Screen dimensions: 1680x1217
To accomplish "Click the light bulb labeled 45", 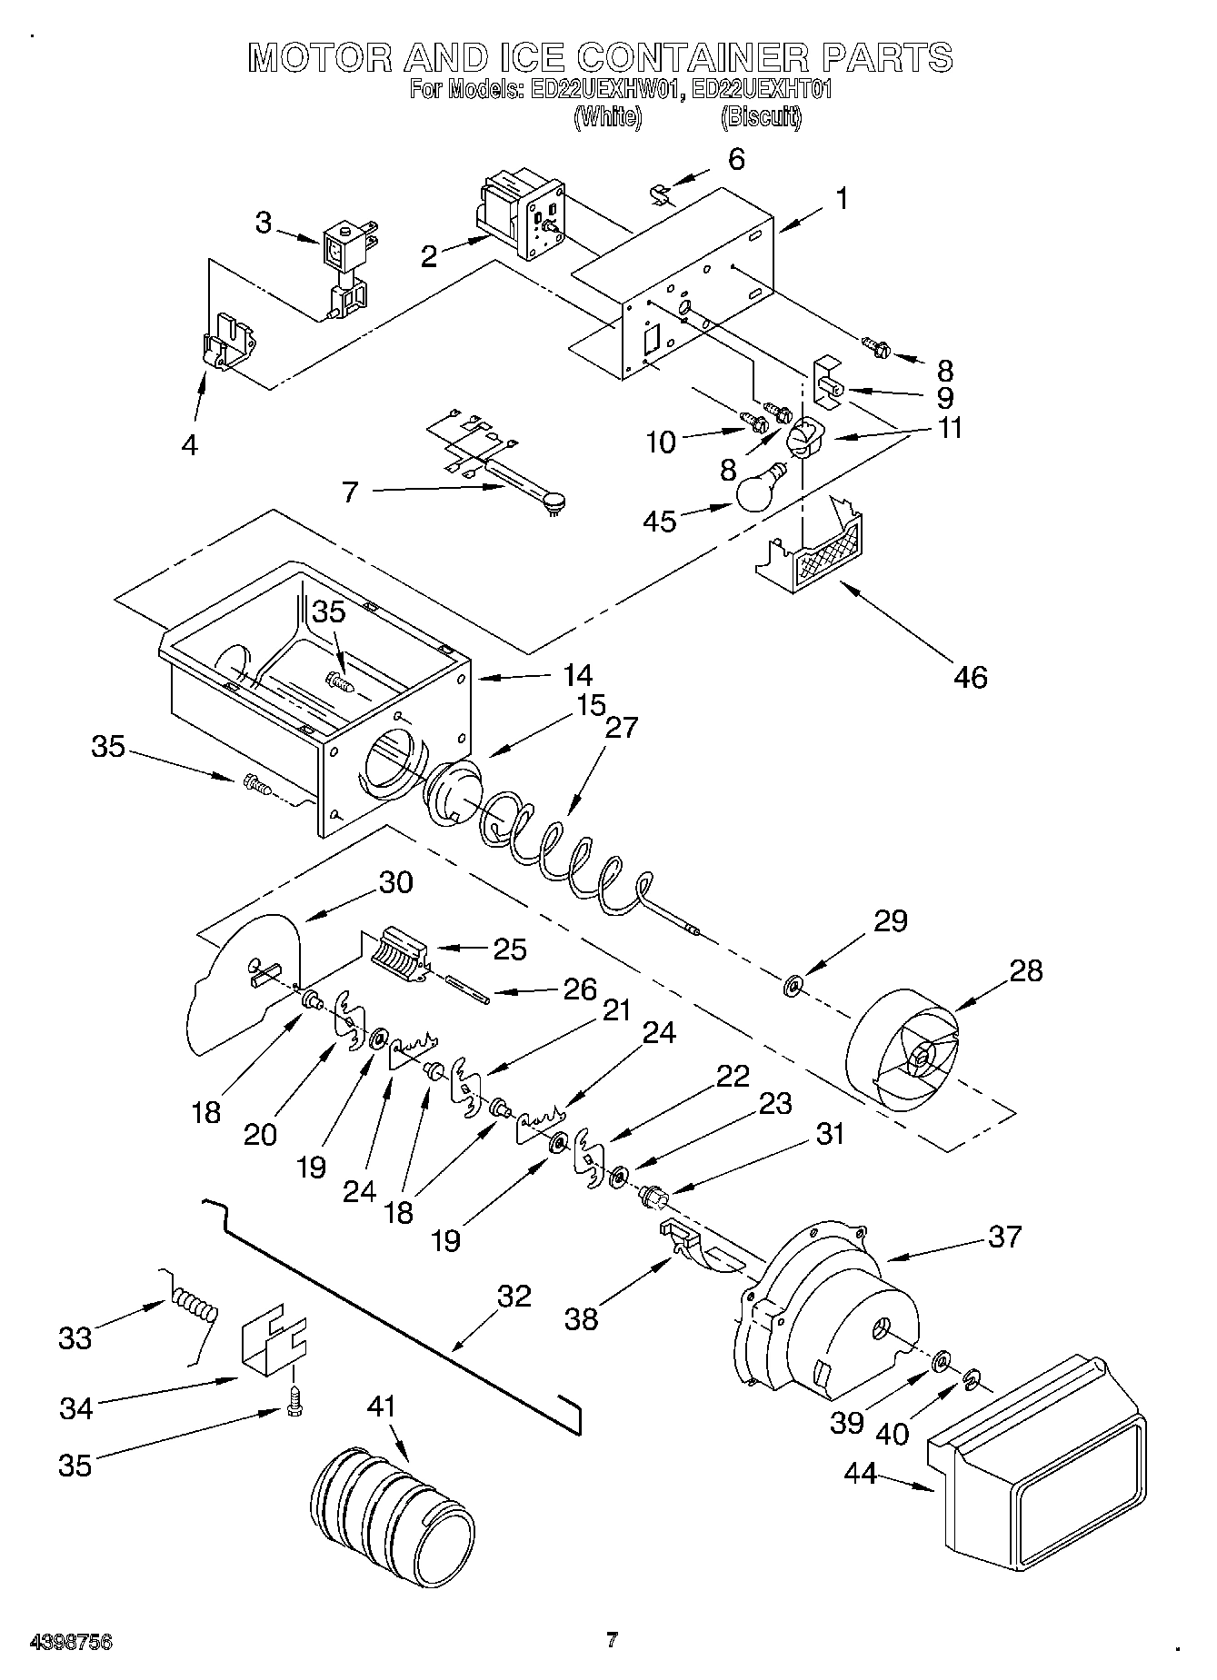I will (x=762, y=489).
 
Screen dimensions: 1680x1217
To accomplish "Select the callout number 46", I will (x=970, y=676).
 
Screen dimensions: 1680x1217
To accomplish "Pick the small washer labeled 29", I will (x=793, y=984).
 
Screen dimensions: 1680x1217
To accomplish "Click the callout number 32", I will (x=514, y=1296).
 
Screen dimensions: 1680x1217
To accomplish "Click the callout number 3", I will (x=263, y=223).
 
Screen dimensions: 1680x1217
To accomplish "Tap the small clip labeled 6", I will (x=661, y=194).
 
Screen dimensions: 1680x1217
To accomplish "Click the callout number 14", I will (x=578, y=675).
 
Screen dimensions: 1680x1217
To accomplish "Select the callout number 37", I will (x=1004, y=1237).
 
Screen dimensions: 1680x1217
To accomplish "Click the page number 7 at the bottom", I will (x=612, y=1640).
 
